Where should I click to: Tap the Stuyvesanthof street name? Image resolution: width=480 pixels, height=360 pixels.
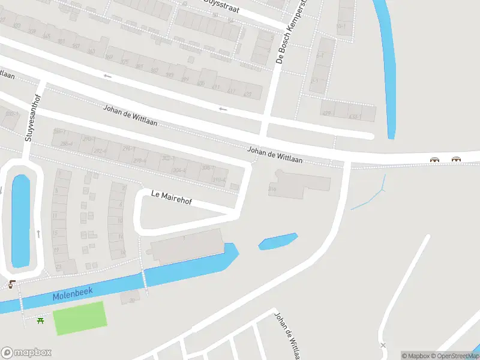pos(33,118)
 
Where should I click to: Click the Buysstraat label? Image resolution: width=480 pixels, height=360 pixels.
pos(221,4)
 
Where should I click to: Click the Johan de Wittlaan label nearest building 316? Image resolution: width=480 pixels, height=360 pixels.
pos(275,156)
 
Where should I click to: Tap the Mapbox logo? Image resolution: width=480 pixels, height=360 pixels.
pos(26,352)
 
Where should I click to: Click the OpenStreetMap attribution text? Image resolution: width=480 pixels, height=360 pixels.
pos(457,356)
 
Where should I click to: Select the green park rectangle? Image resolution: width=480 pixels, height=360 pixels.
pos(80,318)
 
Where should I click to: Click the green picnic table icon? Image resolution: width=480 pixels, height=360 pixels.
pos(40,320)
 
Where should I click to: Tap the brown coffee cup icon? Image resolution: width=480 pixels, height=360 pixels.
pos(12,284)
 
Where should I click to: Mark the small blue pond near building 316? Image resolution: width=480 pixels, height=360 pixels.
pos(278,241)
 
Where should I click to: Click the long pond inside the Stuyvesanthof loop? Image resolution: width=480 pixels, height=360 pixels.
pos(20,221)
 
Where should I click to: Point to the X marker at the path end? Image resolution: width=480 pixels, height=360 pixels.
pos(383,345)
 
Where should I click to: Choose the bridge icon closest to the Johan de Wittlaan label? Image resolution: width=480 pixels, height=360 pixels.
pos(434,160)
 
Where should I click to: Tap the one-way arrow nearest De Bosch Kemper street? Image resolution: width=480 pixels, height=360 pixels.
pos(223,109)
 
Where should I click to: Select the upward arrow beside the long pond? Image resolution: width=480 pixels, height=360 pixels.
pos(38,233)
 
